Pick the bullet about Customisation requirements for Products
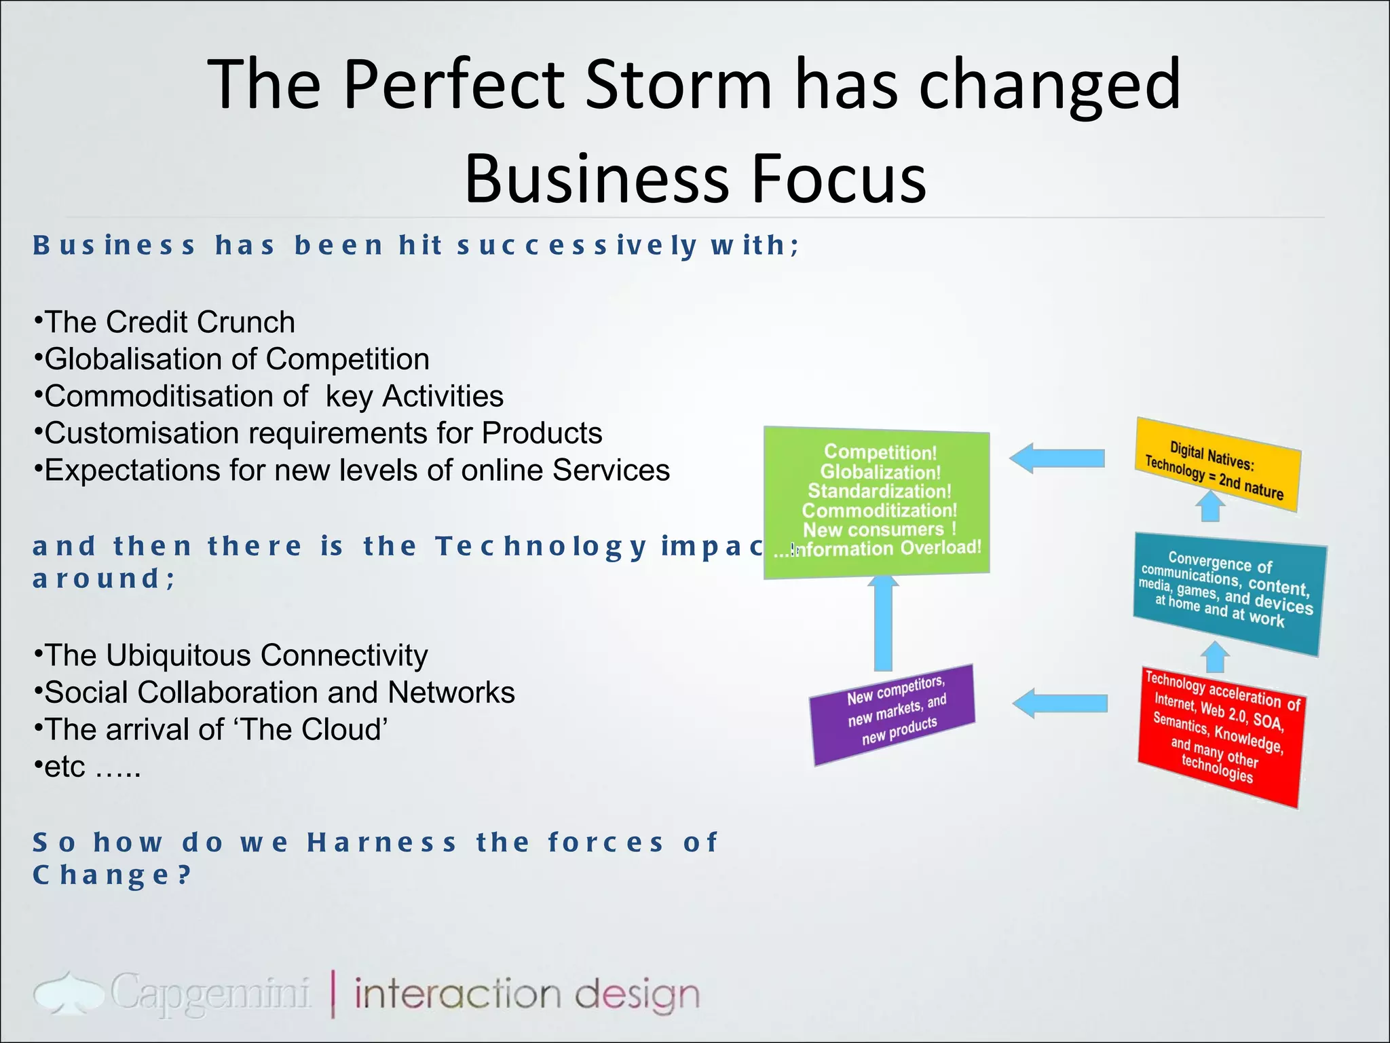pos(318,433)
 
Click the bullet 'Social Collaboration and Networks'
pos(275,693)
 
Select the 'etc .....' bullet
pos(88,767)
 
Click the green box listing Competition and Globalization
pos(876,502)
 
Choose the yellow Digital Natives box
pos(1218,466)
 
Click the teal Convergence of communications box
pos(1228,593)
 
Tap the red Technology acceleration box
pos(1220,737)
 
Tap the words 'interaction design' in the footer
pos(526,994)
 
